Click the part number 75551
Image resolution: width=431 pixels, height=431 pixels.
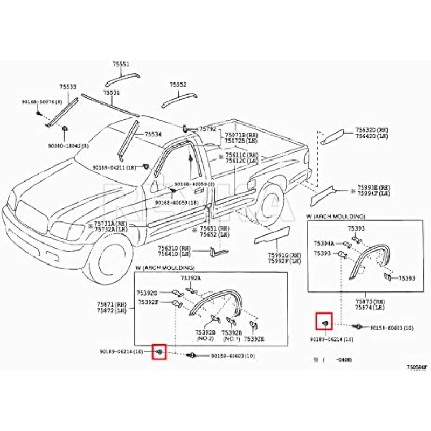(x=121, y=64)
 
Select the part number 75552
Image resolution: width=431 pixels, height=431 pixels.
(x=178, y=85)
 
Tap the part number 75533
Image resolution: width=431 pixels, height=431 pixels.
(x=68, y=87)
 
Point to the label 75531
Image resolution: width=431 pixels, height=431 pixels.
(x=112, y=93)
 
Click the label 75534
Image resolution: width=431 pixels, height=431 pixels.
(x=153, y=134)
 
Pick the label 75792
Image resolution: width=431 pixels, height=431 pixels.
(x=207, y=129)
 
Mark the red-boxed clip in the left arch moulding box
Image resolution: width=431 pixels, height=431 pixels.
(x=160, y=352)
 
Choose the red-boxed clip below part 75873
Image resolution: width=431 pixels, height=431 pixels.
(x=324, y=322)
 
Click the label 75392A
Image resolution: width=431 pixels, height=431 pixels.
(x=190, y=278)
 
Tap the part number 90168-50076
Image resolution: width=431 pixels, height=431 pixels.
(x=42, y=102)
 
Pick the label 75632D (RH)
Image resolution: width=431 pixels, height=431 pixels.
(x=372, y=130)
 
